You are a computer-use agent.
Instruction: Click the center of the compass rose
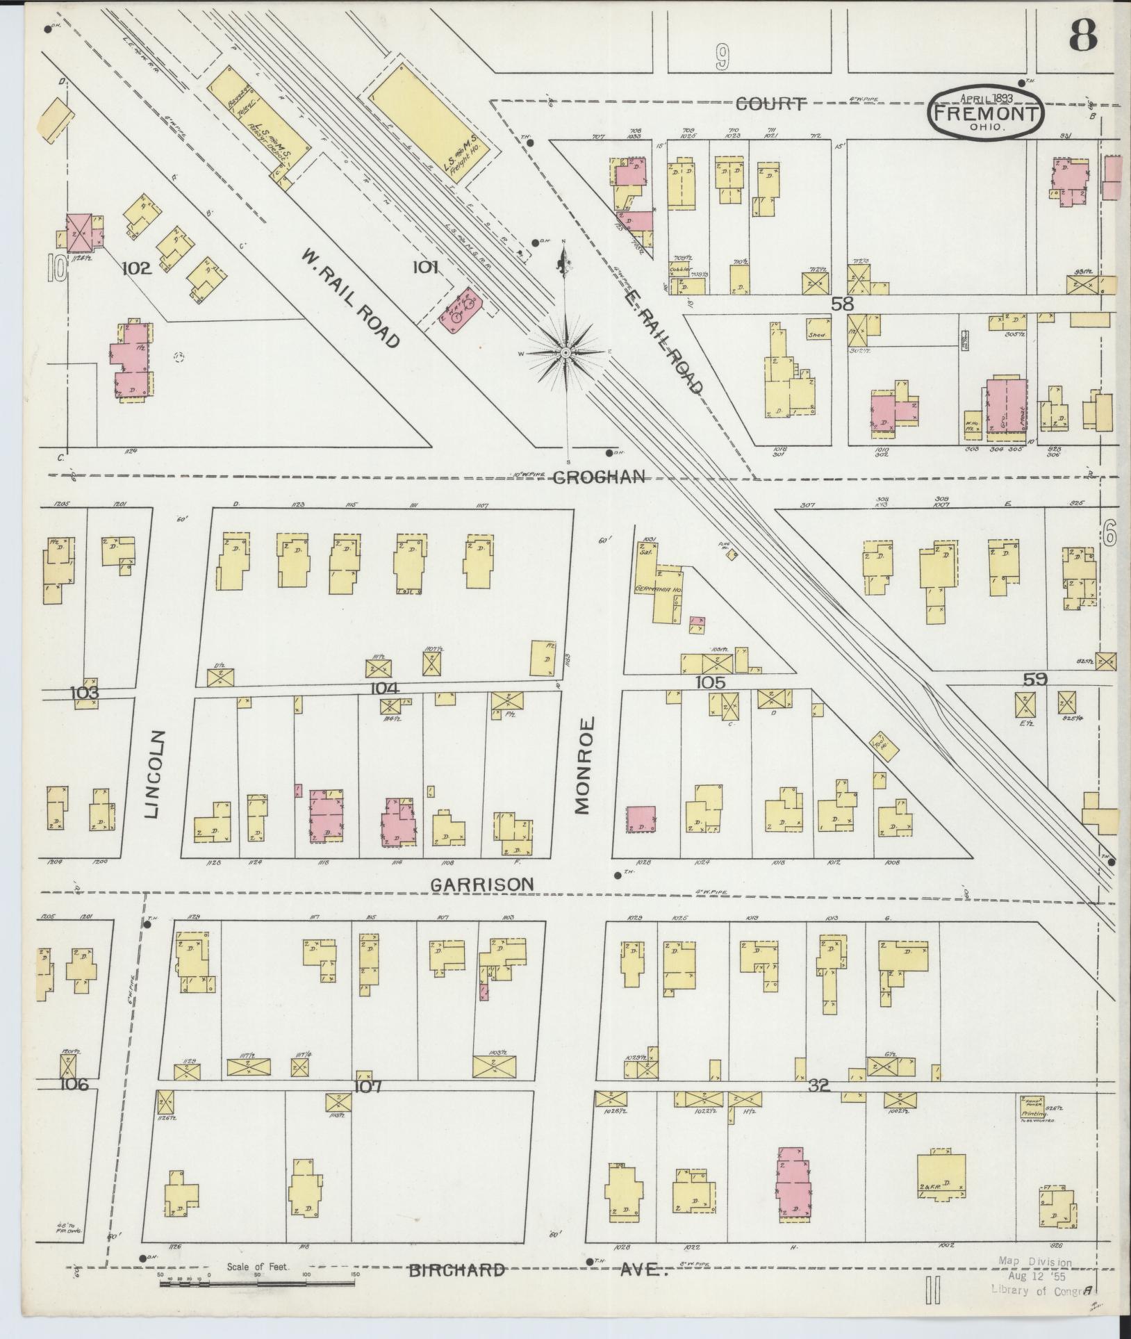(x=567, y=353)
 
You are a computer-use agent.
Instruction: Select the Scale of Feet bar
(x=257, y=1283)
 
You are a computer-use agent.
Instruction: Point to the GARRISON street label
(x=482, y=885)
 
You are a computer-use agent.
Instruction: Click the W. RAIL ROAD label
(x=351, y=298)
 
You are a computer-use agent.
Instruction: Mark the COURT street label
(x=770, y=104)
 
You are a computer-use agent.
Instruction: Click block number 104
(x=384, y=688)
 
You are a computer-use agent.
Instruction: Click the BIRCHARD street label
(x=456, y=1270)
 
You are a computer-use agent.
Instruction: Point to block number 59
(x=1034, y=679)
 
